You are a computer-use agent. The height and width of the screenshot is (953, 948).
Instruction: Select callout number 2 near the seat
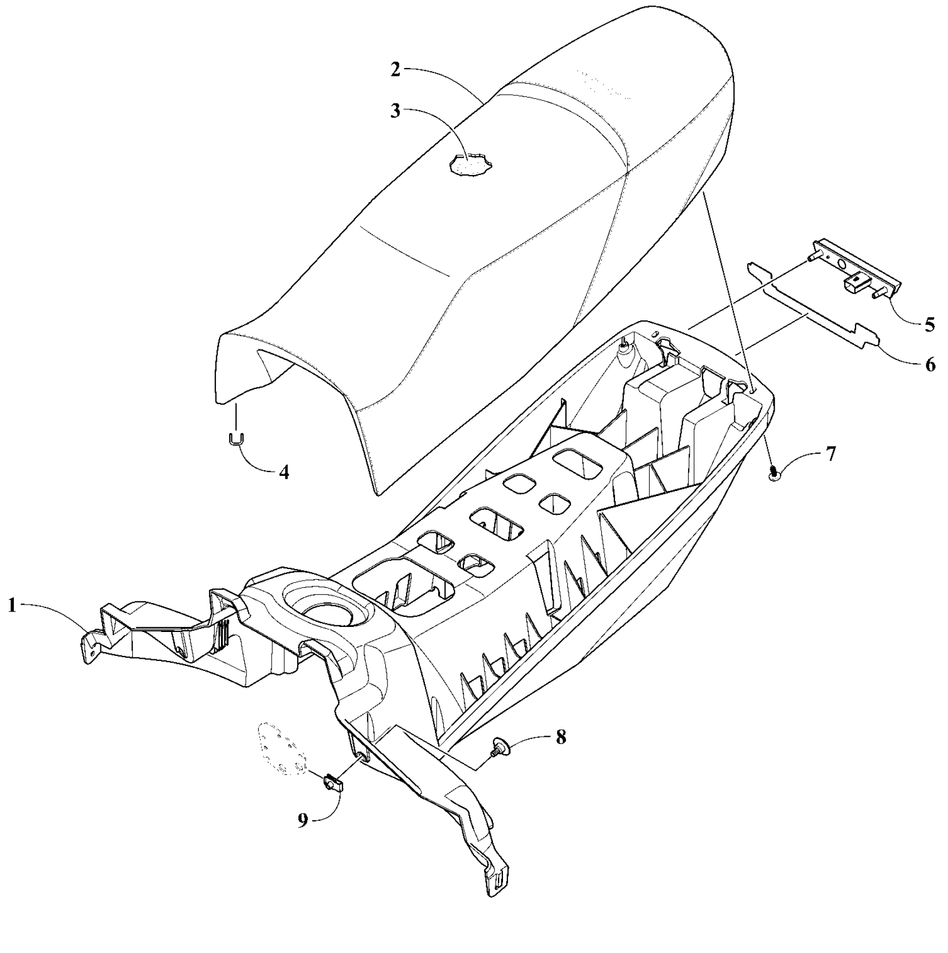[395, 71]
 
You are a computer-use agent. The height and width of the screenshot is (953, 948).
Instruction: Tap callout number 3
[395, 111]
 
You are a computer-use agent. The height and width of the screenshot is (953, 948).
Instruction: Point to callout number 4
[284, 472]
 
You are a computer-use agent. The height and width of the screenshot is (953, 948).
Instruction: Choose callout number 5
[929, 324]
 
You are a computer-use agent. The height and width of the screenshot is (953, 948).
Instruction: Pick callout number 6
[929, 365]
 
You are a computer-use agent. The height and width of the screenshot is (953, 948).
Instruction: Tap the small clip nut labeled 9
[334, 784]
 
